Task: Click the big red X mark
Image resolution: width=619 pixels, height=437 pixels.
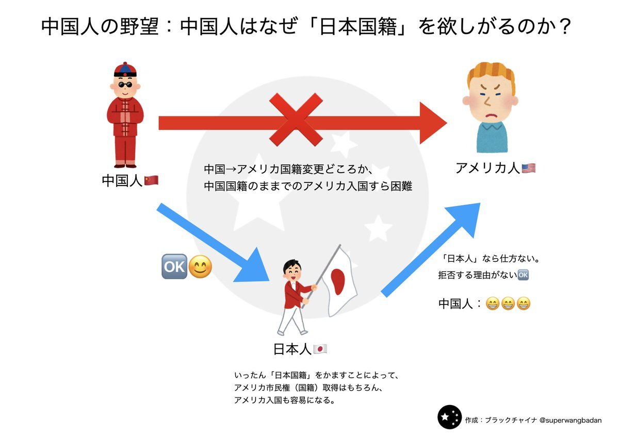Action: click(x=296, y=120)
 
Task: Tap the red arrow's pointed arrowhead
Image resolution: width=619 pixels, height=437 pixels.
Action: click(x=433, y=123)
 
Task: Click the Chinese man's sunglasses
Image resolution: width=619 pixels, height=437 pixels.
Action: click(x=125, y=85)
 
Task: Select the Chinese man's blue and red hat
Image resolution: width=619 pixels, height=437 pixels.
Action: click(x=125, y=69)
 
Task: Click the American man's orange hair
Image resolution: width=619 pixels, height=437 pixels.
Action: click(x=491, y=75)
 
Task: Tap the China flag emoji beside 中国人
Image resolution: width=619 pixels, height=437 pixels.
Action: click(x=151, y=180)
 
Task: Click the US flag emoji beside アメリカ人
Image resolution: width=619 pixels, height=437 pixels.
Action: click(x=528, y=168)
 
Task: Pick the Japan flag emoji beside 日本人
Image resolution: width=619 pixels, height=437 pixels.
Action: click(x=320, y=349)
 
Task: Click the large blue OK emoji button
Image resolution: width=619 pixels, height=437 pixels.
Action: click(x=174, y=266)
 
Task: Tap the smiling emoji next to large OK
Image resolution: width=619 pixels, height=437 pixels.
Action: click(x=200, y=266)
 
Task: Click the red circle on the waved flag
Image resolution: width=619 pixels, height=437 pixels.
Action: click(x=338, y=281)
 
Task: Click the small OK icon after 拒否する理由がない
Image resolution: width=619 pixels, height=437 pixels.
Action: click(x=523, y=275)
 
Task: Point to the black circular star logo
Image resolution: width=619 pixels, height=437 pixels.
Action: click(x=450, y=417)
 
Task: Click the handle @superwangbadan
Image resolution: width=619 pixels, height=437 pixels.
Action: click(x=570, y=421)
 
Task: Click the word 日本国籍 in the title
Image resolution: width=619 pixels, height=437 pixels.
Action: click(x=358, y=27)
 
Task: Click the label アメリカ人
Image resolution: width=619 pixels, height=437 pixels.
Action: click(x=488, y=168)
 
